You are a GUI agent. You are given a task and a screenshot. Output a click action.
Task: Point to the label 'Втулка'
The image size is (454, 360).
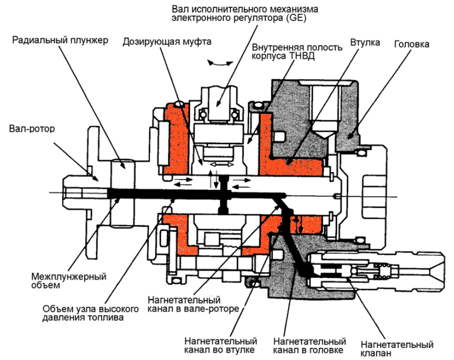click(x=364, y=42)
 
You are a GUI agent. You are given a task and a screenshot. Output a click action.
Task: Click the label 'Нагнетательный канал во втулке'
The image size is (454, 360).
click(x=220, y=345)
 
